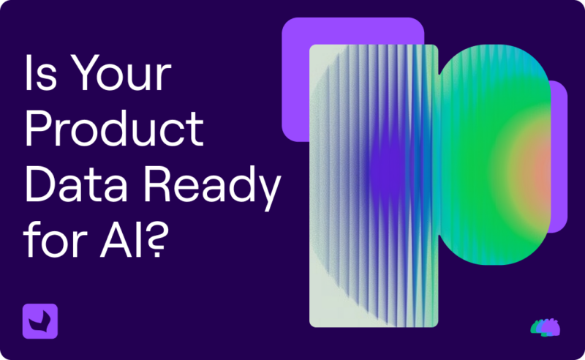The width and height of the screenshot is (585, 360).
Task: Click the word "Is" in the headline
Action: coord(41,72)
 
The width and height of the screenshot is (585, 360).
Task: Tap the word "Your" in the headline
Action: coord(121,72)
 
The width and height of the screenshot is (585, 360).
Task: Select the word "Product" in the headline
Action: coord(114,129)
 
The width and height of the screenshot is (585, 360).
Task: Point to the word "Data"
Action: coord(76,184)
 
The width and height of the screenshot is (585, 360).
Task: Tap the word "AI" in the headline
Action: coord(121,240)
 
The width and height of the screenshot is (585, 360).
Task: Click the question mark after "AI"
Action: coord(156,240)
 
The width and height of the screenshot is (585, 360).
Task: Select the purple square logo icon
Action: coord(40,321)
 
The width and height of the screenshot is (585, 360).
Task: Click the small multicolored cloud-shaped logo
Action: coord(545,328)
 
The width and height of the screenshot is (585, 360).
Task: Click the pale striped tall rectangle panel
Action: coord(374,186)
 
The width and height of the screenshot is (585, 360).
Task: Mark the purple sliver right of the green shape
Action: coord(559,156)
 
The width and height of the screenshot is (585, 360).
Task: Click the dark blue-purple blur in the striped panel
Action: coord(388,172)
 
